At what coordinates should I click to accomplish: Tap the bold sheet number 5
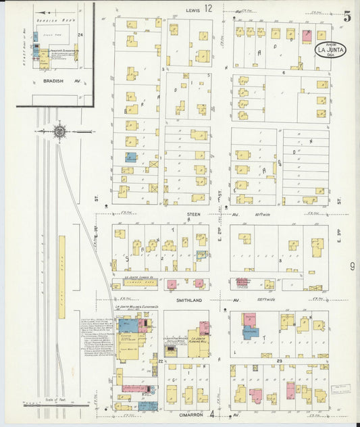pos(347,16)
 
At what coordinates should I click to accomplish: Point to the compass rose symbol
pos(60,131)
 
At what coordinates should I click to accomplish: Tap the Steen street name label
pos(194,214)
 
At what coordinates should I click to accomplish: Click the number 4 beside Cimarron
pos(211,414)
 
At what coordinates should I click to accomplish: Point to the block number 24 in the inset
pos(80,34)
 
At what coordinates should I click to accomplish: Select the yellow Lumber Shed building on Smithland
pos(139,284)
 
